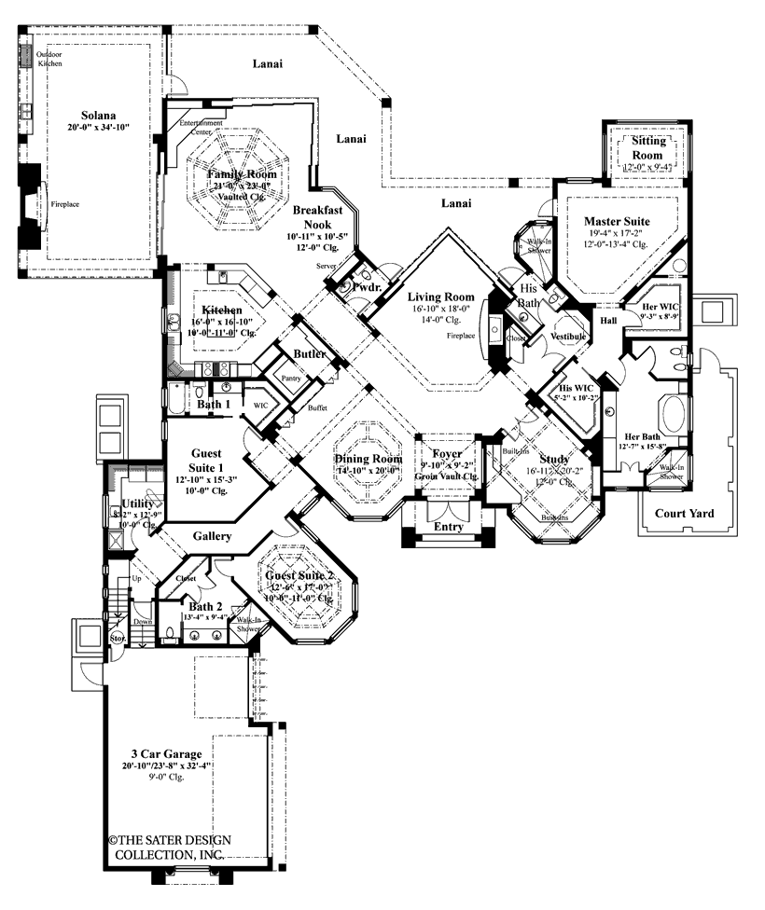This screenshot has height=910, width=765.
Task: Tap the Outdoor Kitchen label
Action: point(49,59)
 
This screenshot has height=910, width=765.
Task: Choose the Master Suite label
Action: point(616,221)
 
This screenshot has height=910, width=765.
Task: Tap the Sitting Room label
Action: point(647,148)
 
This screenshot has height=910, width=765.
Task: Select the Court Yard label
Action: point(685,512)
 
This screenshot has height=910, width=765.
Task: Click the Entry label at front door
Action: point(448,528)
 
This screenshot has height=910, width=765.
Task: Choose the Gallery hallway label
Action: point(213,537)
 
